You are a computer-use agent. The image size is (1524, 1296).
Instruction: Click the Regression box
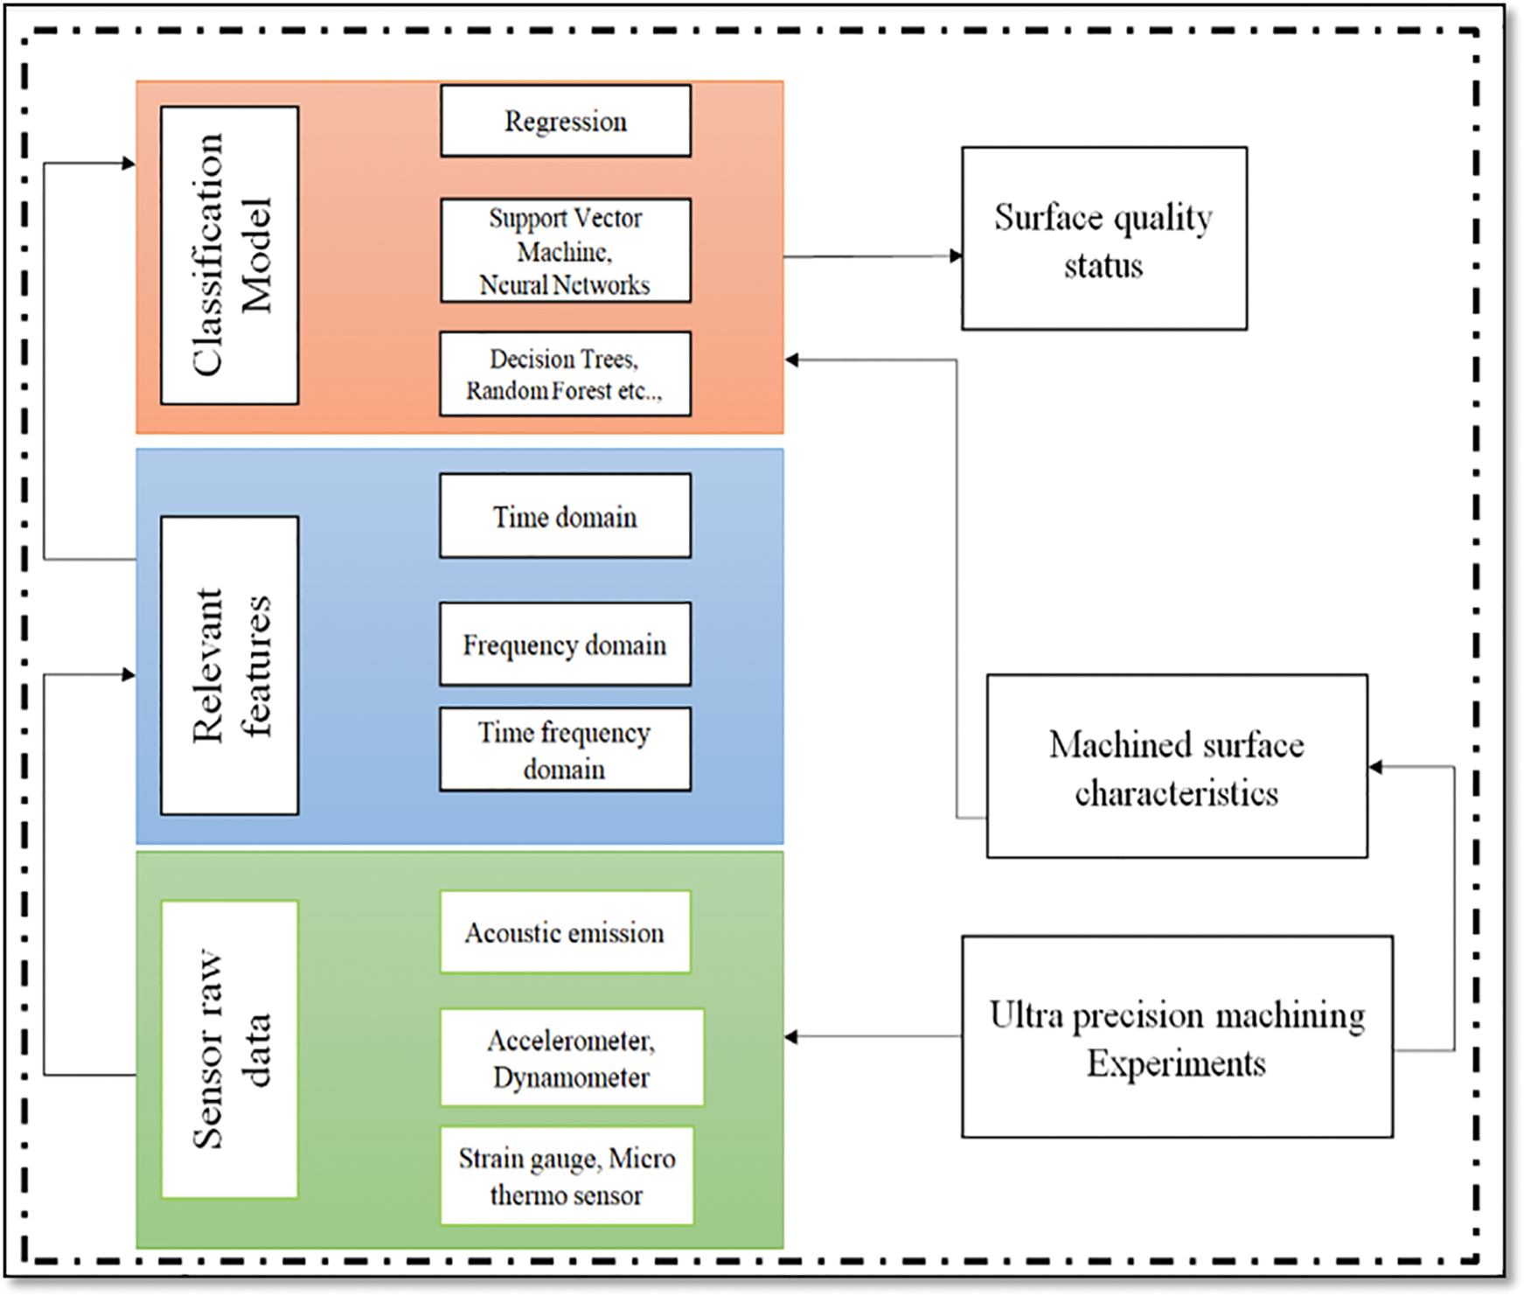(565, 121)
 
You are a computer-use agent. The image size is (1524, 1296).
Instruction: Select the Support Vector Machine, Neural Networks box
(565, 251)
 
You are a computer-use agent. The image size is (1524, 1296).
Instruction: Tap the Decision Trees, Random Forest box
(565, 373)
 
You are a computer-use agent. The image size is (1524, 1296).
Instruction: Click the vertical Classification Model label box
(230, 255)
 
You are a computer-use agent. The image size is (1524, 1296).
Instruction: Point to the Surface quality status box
(1103, 239)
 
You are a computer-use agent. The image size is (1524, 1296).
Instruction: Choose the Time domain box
(565, 516)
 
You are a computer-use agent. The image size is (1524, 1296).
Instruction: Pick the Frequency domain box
(565, 645)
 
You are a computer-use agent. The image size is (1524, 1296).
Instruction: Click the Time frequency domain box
(565, 749)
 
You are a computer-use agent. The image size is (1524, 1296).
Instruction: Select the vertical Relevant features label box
(230, 665)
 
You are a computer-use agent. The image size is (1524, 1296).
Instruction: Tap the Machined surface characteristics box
(1177, 766)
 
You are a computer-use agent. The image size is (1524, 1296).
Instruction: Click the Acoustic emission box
(565, 932)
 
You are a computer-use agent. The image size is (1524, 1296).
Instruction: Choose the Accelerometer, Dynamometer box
(572, 1057)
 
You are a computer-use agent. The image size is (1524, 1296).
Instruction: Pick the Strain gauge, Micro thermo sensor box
(567, 1176)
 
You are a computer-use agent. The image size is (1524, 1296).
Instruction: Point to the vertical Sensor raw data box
(230, 1049)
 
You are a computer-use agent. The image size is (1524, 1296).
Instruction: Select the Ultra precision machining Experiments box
(1177, 1037)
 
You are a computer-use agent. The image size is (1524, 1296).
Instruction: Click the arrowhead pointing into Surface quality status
(956, 256)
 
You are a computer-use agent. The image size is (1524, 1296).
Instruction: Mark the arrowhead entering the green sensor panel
(791, 1037)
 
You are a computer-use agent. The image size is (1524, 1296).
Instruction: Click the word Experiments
(1176, 1064)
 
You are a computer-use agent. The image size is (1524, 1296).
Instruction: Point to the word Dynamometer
(571, 1077)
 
